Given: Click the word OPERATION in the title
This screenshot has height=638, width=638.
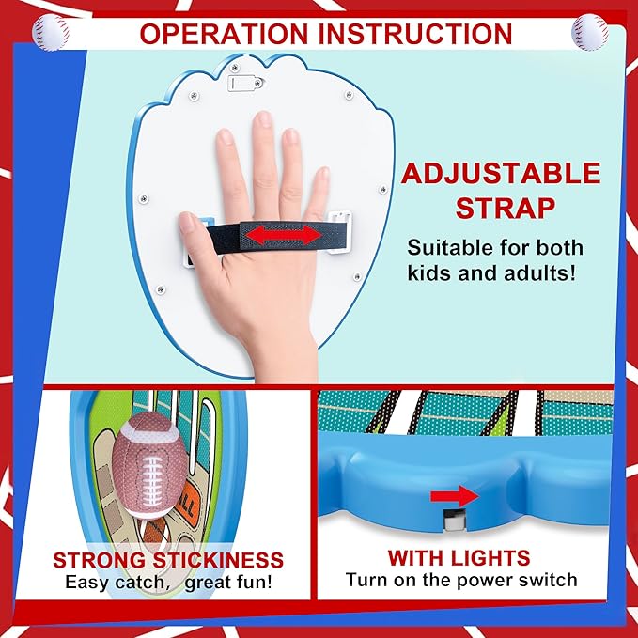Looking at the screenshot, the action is pos(224,34).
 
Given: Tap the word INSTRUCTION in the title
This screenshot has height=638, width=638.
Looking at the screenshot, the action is pos(414,34).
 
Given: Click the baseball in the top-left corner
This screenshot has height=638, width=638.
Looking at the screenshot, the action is pos(51,33).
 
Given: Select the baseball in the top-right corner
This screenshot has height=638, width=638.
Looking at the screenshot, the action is pos(589,32).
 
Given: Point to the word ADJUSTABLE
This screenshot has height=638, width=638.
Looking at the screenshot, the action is pos(501,173).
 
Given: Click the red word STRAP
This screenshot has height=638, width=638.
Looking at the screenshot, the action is pos(505,208).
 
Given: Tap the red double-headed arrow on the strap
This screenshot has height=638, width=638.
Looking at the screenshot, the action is pos(284,235).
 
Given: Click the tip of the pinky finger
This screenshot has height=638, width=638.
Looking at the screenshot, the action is pos(323,171).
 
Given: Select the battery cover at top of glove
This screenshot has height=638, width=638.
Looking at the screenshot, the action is pos(246,83).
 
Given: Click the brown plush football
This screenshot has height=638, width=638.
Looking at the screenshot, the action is pos(149,464).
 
